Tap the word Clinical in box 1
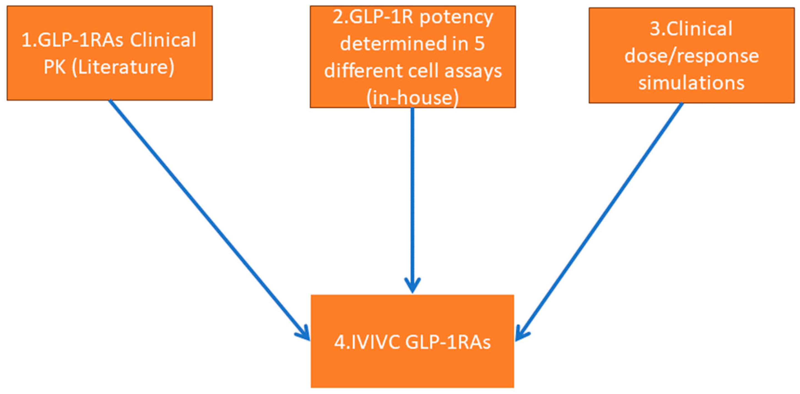tap(163, 40)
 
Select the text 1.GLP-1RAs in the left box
tap(72, 40)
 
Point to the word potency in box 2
tap(456, 17)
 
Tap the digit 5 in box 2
tap(479, 44)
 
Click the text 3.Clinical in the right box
tap(691, 29)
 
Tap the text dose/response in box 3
tap(691, 56)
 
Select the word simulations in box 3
tap(691, 83)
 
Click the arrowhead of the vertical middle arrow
tap(412, 286)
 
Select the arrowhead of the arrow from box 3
tap(521, 334)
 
